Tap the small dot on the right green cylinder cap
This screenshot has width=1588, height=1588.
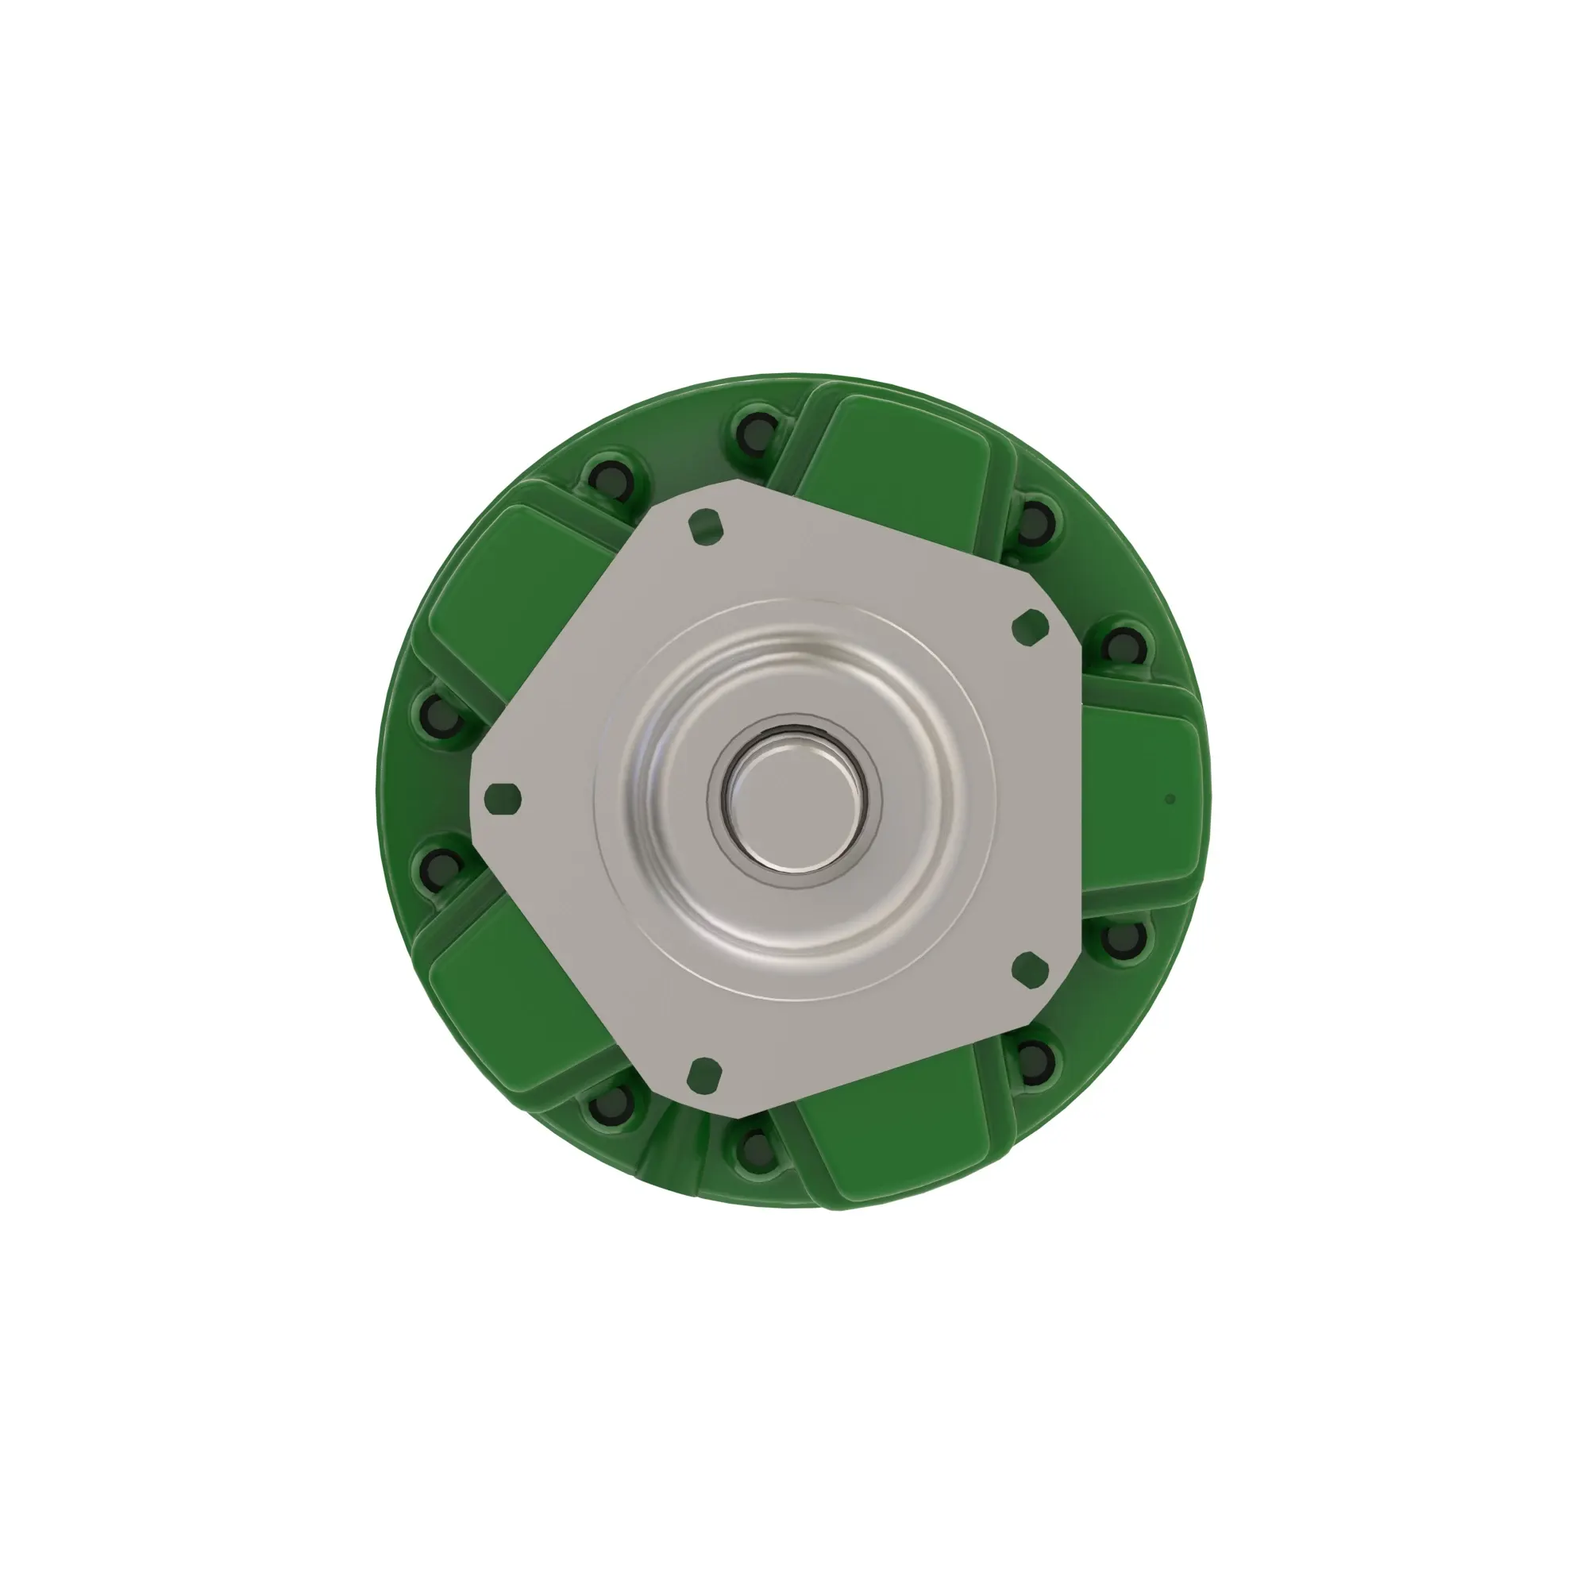click(1170, 798)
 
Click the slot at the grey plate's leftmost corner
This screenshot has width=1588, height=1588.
click(503, 798)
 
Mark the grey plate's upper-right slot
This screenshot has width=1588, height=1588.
click(1030, 627)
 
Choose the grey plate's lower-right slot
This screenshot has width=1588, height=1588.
click(1029, 968)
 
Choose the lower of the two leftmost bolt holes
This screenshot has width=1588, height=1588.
click(444, 865)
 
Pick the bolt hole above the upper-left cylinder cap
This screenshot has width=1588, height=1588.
click(611, 478)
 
